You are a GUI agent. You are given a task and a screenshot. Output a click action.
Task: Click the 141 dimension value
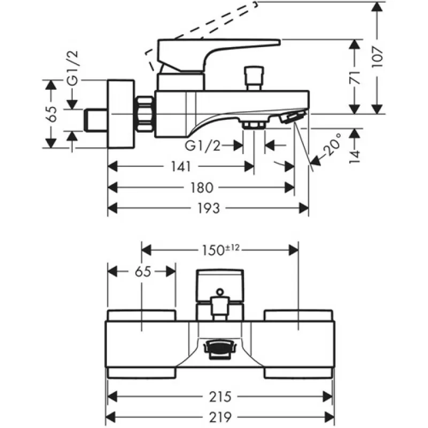click(181, 166)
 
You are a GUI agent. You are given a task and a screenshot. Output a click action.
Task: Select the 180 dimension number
click(202, 188)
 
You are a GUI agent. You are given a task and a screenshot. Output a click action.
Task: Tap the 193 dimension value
click(208, 209)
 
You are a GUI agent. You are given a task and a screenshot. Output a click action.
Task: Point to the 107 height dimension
click(378, 58)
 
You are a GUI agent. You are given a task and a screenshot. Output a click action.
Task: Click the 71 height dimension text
click(355, 77)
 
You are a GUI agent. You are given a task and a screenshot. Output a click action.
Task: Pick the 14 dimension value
click(355, 156)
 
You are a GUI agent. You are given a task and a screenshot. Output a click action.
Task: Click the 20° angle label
click(332, 144)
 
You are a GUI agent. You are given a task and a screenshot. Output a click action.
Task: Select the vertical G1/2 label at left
click(73, 68)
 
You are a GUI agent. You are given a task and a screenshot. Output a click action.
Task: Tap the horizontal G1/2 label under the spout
click(202, 146)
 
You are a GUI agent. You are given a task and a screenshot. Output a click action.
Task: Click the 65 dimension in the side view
click(51, 113)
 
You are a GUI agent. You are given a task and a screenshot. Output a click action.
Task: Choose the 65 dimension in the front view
click(143, 272)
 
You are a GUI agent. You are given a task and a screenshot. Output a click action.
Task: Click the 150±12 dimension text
click(220, 250)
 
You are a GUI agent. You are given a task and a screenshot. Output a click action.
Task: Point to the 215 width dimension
click(220, 396)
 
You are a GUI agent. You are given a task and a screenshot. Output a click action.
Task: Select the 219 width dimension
click(220, 417)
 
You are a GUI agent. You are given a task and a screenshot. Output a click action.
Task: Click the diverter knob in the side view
click(254, 78)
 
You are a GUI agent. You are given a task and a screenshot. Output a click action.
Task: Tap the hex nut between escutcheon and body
click(144, 114)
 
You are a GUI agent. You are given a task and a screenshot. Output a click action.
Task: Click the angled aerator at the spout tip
click(292, 117)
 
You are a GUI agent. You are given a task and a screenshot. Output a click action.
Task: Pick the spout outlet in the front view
click(220, 349)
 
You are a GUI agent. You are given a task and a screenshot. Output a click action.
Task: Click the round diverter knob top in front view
click(220, 292)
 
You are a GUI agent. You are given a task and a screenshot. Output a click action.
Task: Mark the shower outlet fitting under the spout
click(254, 124)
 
